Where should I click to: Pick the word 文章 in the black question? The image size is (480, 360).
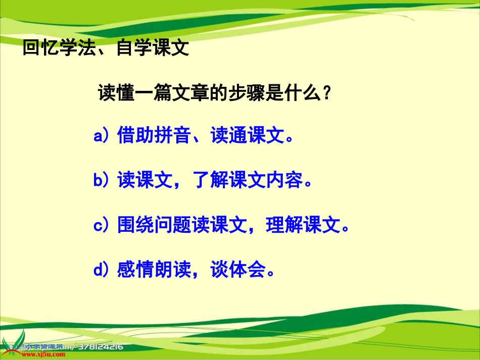click(x=189, y=94)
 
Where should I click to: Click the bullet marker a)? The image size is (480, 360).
click(x=102, y=136)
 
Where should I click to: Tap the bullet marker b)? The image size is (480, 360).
click(x=102, y=181)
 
